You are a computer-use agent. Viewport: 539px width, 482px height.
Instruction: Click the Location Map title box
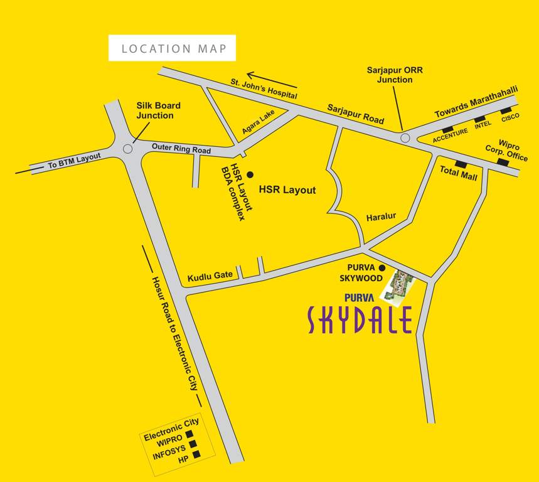(x=172, y=48)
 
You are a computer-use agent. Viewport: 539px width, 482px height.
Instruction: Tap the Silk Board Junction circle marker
(x=128, y=149)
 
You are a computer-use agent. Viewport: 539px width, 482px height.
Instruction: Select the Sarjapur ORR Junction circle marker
(x=405, y=137)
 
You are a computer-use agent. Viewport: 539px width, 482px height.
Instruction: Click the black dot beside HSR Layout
(x=250, y=174)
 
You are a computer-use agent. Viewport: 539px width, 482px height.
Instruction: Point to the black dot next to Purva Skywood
(x=382, y=268)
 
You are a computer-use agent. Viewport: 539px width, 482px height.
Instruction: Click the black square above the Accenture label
(x=447, y=129)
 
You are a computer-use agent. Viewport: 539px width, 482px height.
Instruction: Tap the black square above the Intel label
(x=479, y=119)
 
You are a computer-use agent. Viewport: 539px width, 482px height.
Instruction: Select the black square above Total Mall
(x=461, y=164)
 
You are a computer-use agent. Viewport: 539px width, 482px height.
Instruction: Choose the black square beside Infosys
(x=195, y=444)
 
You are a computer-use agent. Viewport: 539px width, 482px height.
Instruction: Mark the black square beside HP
(x=196, y=454)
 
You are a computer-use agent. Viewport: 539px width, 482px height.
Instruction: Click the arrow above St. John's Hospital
(x=271, y=78)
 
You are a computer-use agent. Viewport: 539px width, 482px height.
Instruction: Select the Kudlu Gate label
(x=210, y=276)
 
